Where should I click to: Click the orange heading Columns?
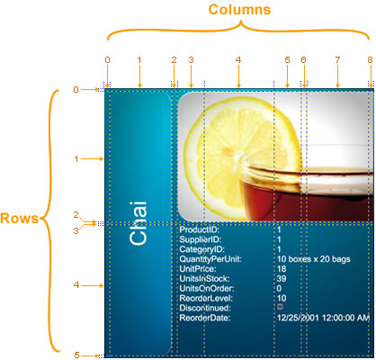pos(239,9)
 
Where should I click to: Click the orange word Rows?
pos(20,218)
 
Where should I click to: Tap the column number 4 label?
pos(238,60)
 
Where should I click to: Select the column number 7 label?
pos(337,60)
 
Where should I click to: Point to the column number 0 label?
pos(108,60)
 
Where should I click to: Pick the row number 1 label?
pos(76,159)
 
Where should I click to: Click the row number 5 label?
pos(76,355)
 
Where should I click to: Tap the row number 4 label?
pos(76,285)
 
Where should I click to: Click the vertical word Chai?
pos(139,223)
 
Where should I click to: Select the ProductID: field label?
pos(200,229)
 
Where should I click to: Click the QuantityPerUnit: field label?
pos(210,259)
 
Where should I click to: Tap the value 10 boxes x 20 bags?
pos(314,259)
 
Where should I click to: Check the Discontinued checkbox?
pos(280,307)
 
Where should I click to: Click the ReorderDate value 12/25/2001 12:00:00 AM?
pos(323,318)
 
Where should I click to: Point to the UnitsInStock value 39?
pos(282,279)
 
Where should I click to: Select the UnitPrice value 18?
pos(282,269)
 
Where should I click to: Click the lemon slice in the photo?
pos(241,156)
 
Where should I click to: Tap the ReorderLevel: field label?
pos(206,299)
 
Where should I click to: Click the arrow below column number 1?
pos(139,76)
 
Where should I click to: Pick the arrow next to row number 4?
pos(93,285)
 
